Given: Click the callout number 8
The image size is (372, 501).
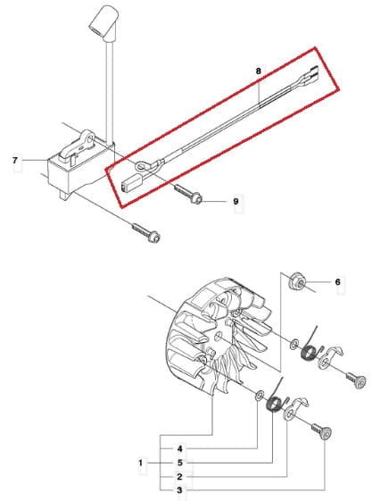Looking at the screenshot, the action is [258, 71].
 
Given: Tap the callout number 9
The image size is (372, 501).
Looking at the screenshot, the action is [236, 201].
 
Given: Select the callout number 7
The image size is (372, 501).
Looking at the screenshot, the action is [15, 160].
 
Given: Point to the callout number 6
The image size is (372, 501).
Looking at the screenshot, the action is [338, 282].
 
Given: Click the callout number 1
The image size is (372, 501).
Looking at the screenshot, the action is [141, 463].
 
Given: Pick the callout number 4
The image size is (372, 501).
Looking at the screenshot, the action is [180, 448].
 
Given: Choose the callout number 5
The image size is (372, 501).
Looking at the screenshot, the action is [180, 463].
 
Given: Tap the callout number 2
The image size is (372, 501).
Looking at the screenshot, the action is [179, 477].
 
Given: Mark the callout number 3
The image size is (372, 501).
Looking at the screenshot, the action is [179, 490].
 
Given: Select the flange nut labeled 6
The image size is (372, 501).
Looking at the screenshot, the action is [297, 281].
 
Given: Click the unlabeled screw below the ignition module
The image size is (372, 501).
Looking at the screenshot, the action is [146, 232].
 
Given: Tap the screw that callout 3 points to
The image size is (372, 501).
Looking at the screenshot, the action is [322, 431].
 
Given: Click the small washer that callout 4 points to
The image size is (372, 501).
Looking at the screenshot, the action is [259, 395].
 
